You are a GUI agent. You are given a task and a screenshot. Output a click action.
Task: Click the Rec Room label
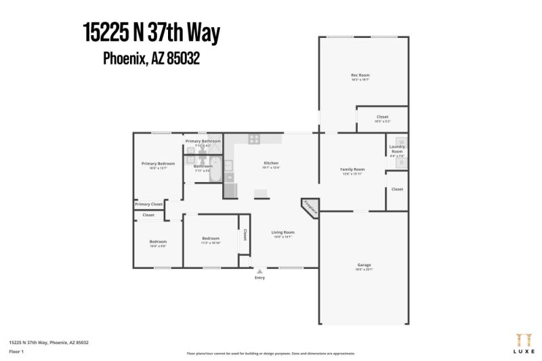pos(360,75)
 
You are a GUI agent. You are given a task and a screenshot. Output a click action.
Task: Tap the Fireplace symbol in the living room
pos(310,207)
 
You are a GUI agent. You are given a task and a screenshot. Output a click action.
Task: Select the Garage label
pos(364,265)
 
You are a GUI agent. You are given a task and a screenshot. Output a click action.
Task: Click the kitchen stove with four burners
pos(255,140)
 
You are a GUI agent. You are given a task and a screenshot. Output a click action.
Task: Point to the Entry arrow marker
pos(259,272)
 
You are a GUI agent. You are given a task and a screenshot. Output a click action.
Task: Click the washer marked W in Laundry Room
pos(401,142)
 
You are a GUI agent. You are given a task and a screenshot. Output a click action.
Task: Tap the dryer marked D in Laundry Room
pos(401,163)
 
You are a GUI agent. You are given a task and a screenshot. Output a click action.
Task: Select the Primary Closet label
pos(148,204)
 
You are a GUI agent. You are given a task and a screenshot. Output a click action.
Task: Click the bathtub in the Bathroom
pos(215,166)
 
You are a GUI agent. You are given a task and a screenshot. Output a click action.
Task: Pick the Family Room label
pos(352,169)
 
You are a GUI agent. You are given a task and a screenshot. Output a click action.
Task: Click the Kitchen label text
pos(271,163)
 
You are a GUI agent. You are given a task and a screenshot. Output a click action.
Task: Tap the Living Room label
pos(283,232)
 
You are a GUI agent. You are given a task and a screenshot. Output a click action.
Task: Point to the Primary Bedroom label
pos(158,164)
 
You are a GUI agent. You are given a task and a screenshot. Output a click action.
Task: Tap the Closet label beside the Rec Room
pos(382,117)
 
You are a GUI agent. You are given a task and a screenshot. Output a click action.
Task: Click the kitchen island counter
pos(261,194)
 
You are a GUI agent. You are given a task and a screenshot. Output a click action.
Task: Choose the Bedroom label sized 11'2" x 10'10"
pos(211,238)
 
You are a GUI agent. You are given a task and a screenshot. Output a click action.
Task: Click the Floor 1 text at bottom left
pos(17,352)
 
